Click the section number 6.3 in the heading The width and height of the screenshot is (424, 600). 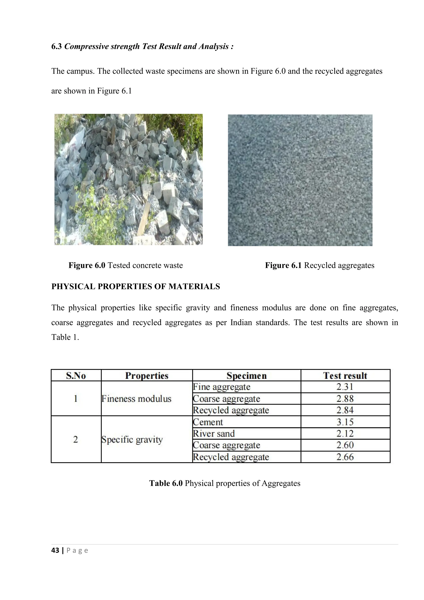(56, 47)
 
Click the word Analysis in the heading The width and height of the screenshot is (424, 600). (214, 47)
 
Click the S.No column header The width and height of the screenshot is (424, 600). (76, 376)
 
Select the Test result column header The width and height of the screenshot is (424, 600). (345, 376)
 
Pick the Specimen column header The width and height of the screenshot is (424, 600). (246, 376)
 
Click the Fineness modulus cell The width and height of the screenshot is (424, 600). (136, 399)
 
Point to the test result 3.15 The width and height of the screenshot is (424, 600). (345, 422)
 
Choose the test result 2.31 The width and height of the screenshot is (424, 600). (345, 387)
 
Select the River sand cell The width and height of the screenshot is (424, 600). (214, 434)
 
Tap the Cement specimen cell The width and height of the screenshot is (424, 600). (208, 422)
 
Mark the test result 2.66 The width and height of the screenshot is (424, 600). (345, 457)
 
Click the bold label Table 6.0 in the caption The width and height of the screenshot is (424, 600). (166, 483)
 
